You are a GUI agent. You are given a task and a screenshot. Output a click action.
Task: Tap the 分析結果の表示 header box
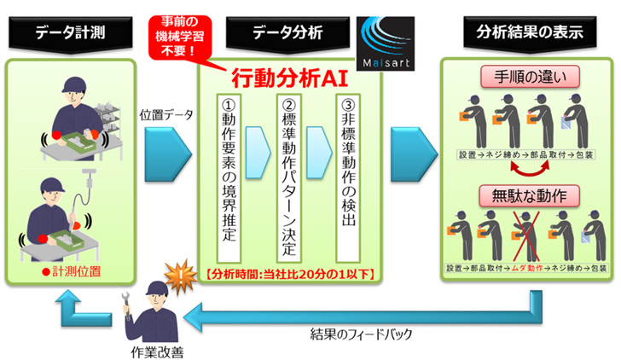pos(529,33)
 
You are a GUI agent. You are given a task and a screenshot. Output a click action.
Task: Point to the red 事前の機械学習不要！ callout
pos(180,37)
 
